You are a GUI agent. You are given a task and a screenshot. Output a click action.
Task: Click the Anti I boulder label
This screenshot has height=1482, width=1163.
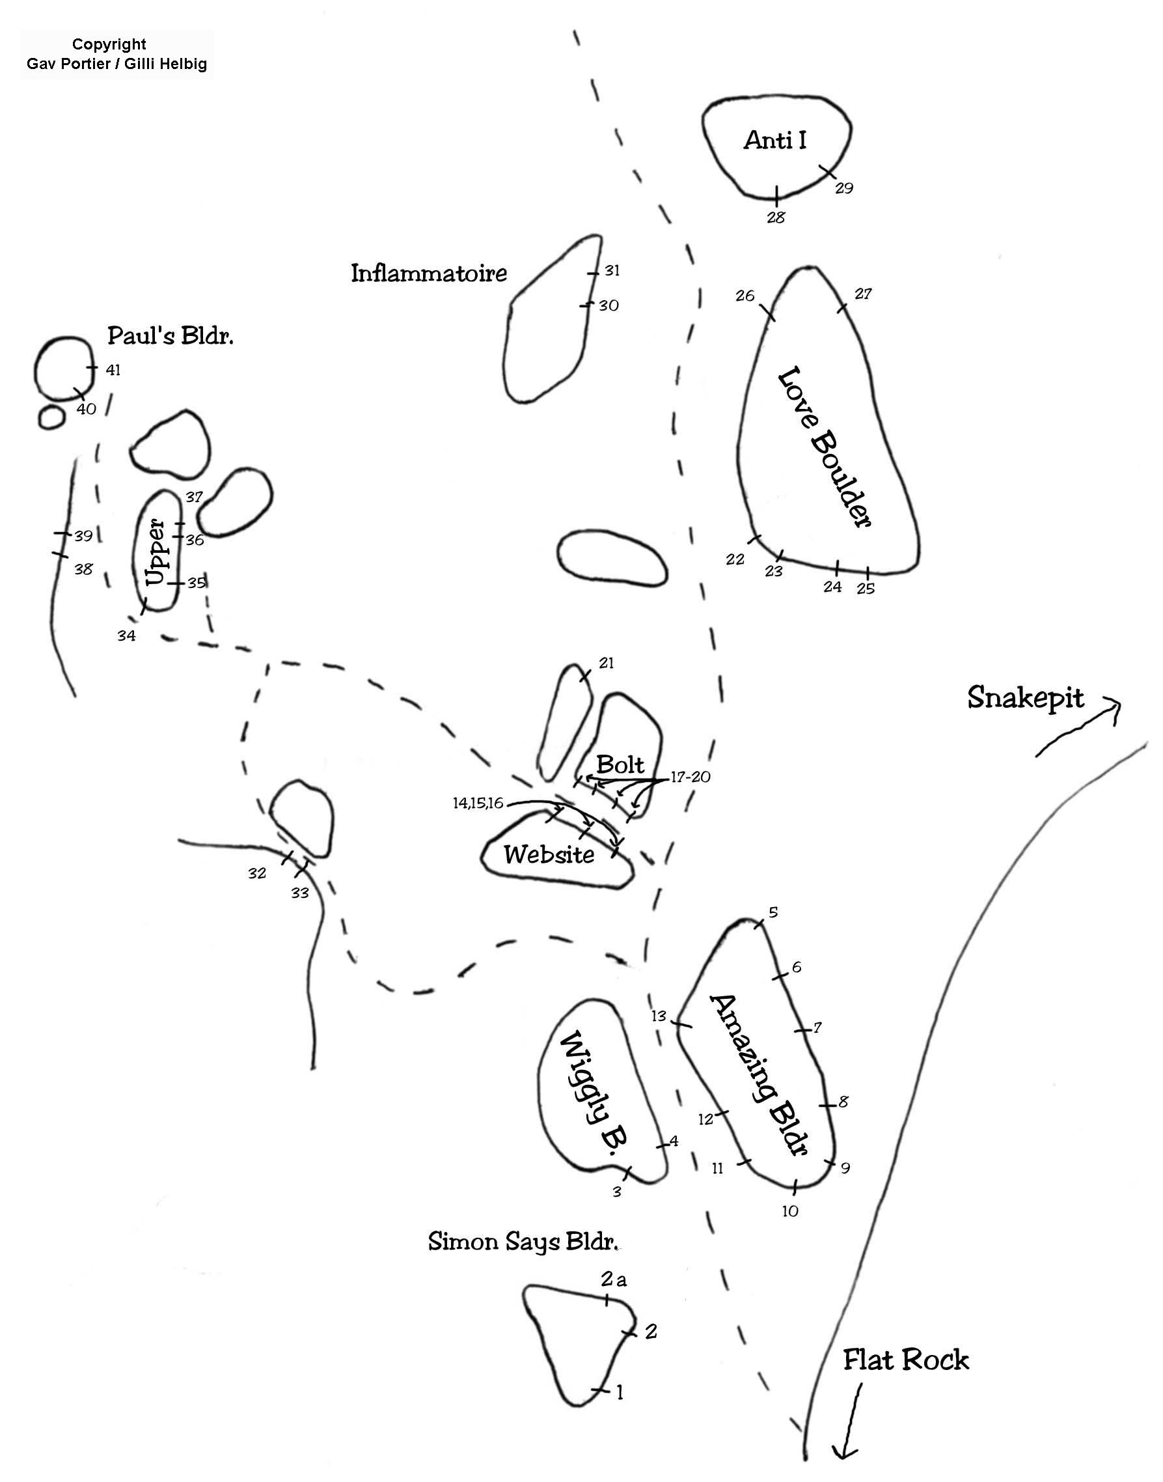point(775,140)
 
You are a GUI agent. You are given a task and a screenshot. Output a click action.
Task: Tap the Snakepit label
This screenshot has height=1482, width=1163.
point(1025,698)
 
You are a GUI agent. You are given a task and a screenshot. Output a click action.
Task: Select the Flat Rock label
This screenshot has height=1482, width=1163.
point(906,1360)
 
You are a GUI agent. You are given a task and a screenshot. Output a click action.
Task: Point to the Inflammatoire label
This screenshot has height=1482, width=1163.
point(429,273)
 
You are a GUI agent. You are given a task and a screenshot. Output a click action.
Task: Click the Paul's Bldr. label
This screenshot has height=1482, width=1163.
point(171,335)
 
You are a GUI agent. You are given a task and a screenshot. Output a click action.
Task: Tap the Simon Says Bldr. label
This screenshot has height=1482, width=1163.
point(523,1242)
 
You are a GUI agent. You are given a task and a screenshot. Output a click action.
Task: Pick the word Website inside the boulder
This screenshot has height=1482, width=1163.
point(549,854)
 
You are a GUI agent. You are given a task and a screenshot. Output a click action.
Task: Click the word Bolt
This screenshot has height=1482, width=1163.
point(620,764)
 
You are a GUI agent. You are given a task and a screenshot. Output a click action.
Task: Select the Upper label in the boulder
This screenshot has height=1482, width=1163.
point(156,552)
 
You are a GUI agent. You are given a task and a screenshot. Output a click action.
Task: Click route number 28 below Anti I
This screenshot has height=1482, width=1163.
point(776,217)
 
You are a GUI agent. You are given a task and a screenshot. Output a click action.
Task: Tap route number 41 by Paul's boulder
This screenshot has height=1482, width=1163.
point(113,370)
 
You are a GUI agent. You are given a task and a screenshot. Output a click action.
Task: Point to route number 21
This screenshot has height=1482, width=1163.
point(606,663)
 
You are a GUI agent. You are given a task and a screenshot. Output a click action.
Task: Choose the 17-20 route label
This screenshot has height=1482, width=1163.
point(691,777)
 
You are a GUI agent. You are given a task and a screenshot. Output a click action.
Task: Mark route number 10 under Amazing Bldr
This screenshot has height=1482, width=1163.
point(790,1211)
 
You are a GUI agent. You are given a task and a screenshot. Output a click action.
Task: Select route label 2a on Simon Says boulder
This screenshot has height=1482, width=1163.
point(614,1279)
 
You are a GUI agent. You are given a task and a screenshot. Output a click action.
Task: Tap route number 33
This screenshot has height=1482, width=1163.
point(299,893)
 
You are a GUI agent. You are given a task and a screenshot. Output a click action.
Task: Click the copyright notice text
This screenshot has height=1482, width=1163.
point(116,55)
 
